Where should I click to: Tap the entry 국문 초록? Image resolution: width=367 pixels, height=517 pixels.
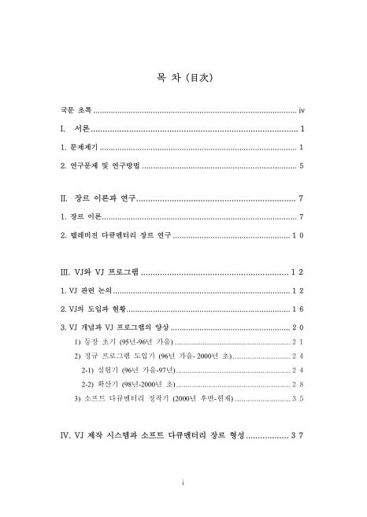[76, 110]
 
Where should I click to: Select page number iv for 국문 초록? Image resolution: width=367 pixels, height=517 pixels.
[302, 110]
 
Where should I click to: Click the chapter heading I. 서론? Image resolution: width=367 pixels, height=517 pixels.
[75, 128]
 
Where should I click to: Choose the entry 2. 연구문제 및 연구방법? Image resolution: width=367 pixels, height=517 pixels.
[100, 166]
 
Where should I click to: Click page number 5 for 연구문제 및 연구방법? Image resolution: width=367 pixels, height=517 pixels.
[302, 166]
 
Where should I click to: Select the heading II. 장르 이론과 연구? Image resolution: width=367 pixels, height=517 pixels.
[98, 198]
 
